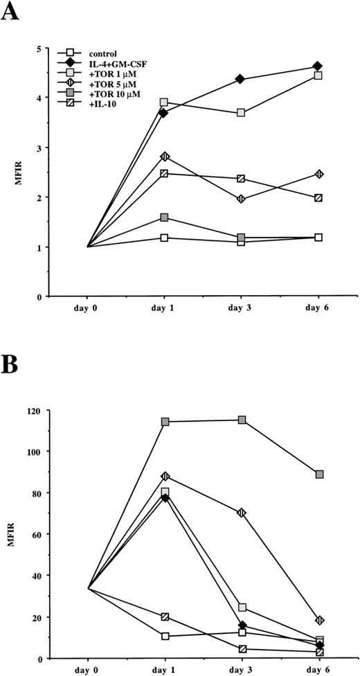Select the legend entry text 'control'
105,52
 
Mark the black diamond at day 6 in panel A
317,66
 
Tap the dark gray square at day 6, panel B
318,474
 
